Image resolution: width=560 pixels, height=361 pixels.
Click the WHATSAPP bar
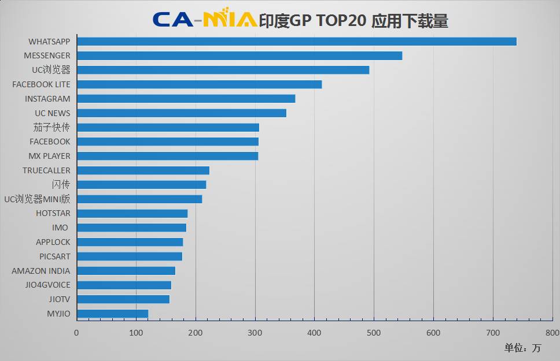pyautogui.click(x=296, y=42)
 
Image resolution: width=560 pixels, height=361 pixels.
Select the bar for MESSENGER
pyautogui.click(x=240, y=55)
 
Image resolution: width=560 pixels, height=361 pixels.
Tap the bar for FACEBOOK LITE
pyautogui.click(x=199, y=84)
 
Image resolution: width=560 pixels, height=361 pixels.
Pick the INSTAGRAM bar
pyautogui.click(x=186, y=99)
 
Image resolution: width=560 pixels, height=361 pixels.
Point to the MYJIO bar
pyautogui.click(x=112, y=314)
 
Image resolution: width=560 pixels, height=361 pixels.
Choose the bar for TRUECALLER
pyautogui.click(x=143, y=170)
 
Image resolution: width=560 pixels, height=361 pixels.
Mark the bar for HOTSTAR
pyautogui.click(x=132, y=213)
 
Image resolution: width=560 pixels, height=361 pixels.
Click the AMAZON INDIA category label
pyautogui.click(x=41, y=271)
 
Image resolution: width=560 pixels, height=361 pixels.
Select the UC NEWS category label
pyautogui.click(x=52, y=113)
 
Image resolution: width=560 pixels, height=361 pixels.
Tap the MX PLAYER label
pyautogui.click(x=49, y=156)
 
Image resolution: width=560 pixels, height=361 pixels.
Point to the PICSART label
pyautogui.click(x=54, y=256)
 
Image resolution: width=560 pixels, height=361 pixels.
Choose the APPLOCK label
pyautogui.click(x=53, y=242)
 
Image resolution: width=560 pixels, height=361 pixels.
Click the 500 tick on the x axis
pyautogui.click(x=374, y=333)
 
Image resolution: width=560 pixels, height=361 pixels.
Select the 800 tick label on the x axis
pyautogui.click(x=552, y=333)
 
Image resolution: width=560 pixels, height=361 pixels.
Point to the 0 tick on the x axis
pyautogui.click(x=76, y=333)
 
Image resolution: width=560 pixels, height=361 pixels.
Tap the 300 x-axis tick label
pyautogui.click(x=255, y=333)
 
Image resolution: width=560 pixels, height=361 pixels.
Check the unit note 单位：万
pyautogui.click(x=522, y=348)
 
